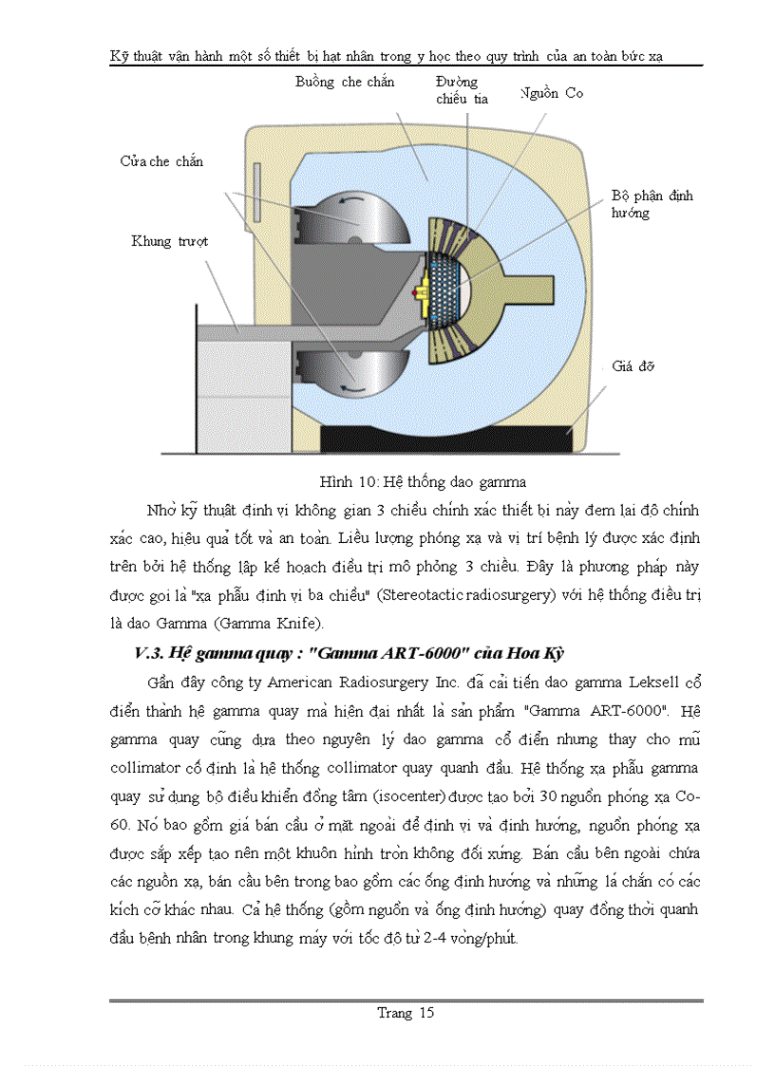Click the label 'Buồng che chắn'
(x=345, y=83)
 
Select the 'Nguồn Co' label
(x=552, y=93)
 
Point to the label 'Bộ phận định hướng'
(x=652, y=204)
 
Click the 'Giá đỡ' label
(x=633, y=365)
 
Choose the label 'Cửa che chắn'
(x=161, y=161)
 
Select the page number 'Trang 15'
(x=406, y=1012)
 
